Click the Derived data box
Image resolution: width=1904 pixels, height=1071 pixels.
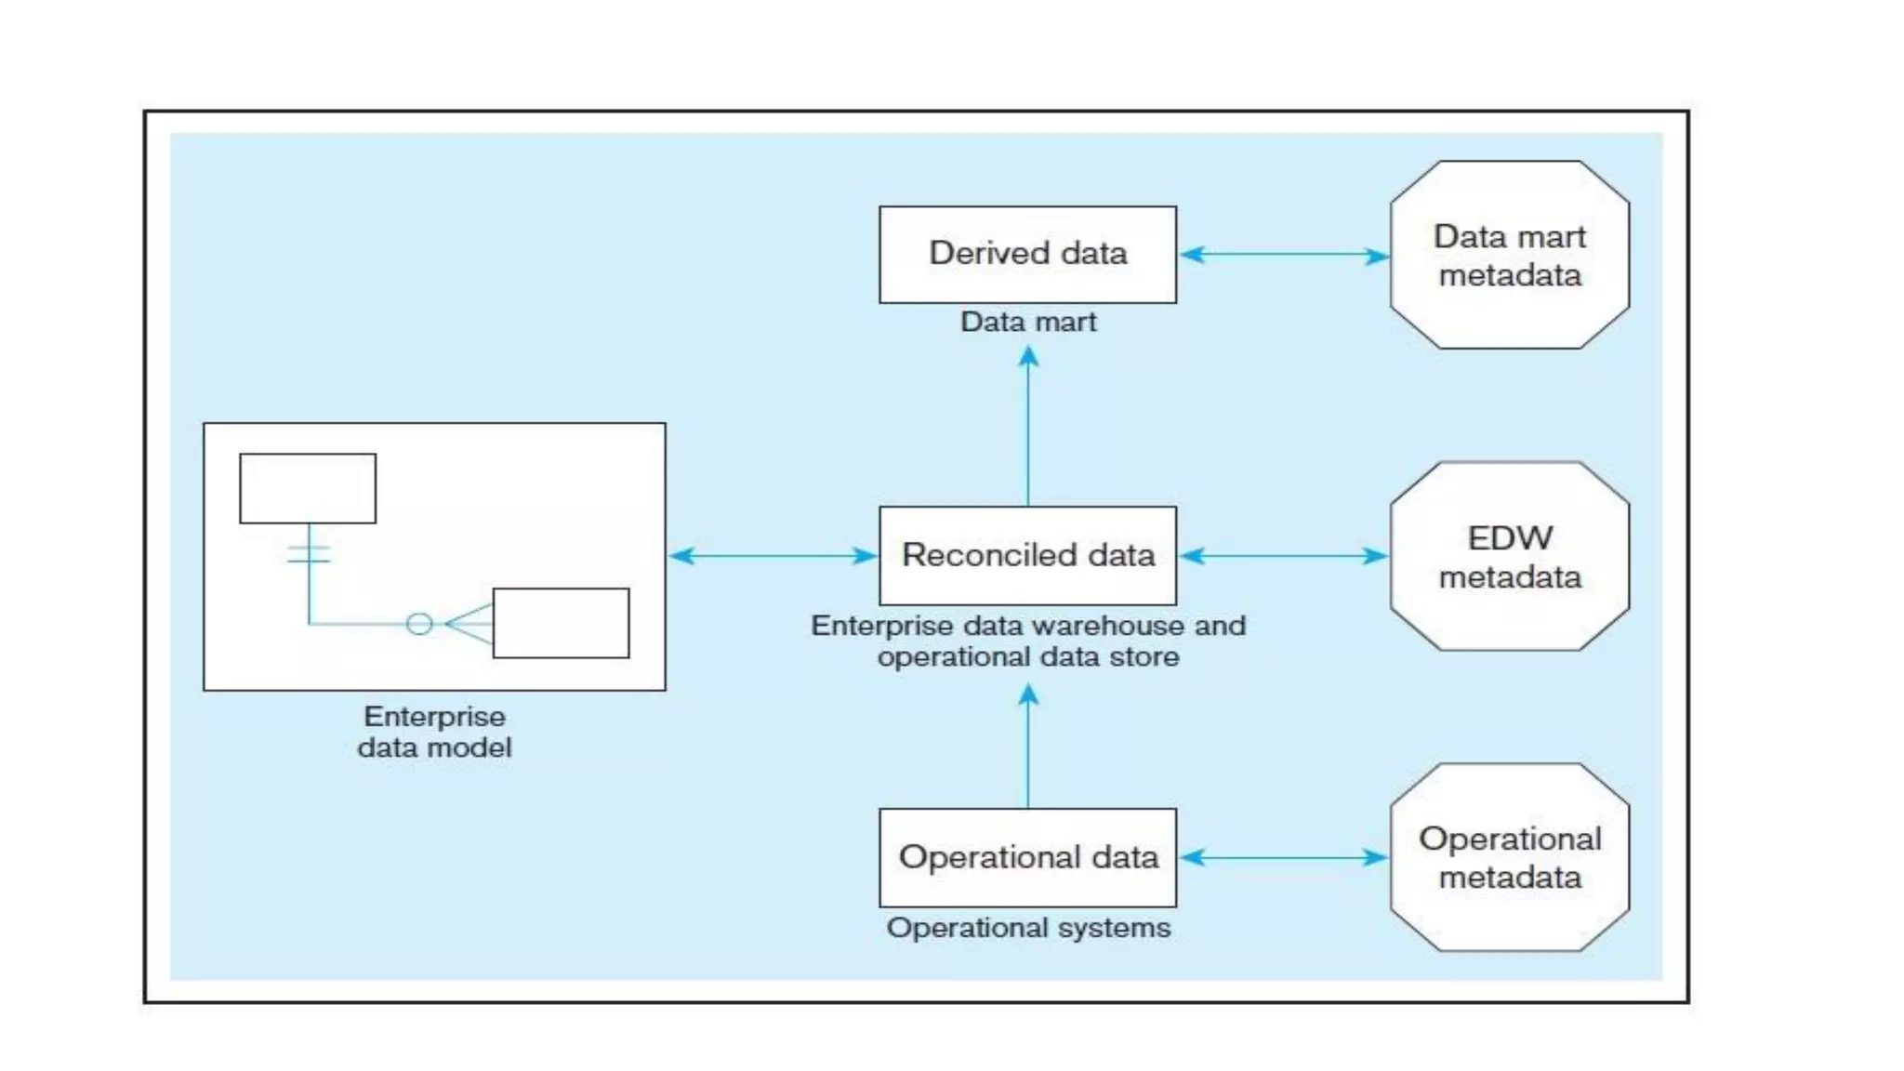point(1027,254)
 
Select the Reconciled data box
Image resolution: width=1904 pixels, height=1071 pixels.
point(1027,555)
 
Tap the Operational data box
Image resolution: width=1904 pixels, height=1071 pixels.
point(1027,856)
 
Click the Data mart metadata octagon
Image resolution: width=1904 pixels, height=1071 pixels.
point(1509,255)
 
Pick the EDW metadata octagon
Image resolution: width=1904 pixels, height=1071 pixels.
point(1509,556)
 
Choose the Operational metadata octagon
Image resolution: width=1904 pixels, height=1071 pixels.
point(1509,857)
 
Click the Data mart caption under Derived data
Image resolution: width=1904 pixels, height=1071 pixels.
point(1027,322)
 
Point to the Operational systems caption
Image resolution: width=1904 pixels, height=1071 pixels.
point(1027,928)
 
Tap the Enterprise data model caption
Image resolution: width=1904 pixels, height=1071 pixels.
point(434,732)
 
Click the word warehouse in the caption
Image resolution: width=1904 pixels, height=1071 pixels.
point(1096,626)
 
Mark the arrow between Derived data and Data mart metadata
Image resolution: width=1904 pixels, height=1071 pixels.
point(1284,255)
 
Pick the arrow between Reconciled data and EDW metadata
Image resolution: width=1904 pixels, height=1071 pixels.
point(1284,556)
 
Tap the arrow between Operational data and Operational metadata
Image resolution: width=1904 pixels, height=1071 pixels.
point(1284,857)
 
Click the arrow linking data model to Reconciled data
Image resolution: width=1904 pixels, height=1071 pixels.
point(773,556)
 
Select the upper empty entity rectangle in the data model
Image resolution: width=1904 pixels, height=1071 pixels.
point(308,488)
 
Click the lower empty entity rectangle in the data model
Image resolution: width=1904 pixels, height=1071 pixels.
point(561,623)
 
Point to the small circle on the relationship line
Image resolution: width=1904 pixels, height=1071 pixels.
point(419,624)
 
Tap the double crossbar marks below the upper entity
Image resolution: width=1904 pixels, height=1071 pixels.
point(309,554)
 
